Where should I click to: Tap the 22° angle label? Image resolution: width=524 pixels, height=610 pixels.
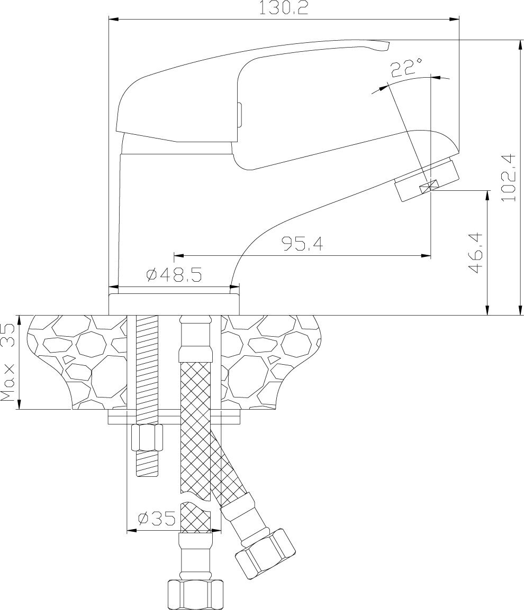[406, 68]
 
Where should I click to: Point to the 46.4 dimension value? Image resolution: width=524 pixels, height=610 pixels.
[476, 253]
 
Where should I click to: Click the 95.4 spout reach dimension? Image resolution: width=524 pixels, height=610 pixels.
[302, 244]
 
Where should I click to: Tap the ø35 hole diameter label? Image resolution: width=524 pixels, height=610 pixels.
[156, 519]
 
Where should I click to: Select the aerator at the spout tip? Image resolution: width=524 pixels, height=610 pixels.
[426, 180]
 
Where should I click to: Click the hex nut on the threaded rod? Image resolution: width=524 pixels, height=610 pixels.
[147, 437]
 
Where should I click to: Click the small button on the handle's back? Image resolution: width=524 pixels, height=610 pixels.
[240, 114]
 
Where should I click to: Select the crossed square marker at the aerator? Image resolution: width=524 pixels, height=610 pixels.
[428, 186]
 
